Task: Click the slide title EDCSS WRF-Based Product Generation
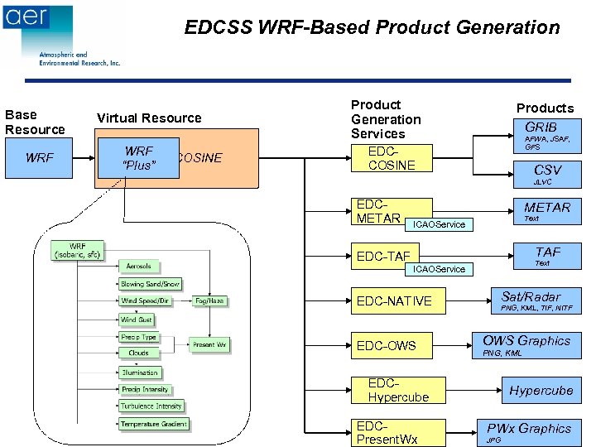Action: coord(372,28)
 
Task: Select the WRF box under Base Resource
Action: coord(41,157)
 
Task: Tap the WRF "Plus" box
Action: coord(138,158)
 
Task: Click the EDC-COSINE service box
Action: coord(392,158)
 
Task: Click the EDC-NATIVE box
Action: coord(393,300)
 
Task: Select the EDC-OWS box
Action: coord(393,345)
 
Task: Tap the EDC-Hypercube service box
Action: coord(398,390)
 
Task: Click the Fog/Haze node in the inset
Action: coord(209,300)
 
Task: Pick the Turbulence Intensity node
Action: coord(151,406)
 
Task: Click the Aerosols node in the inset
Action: coord(138,266)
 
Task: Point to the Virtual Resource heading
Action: coord(149,118)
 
